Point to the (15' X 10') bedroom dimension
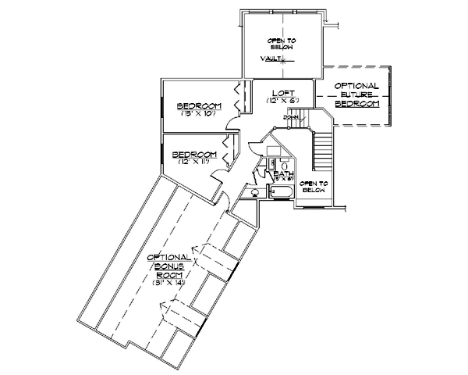click(x=198, y=114)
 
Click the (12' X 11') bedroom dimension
click(x=191, y=162)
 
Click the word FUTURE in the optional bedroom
click(x=356, y=94)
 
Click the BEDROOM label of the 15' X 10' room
click(x=198, y=105)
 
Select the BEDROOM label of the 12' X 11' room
click(x=193, y=153)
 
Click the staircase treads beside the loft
click(x=321, y=148)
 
